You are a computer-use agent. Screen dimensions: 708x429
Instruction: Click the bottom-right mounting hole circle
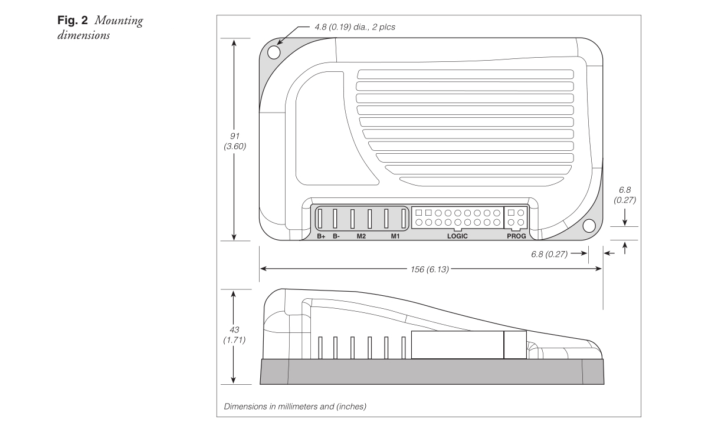coord(589,226)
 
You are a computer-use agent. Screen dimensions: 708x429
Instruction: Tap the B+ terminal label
coord(321,236)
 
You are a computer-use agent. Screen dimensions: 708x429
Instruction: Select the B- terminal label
coord(336,236)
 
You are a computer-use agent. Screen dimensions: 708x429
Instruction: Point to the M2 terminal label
coord(361,236)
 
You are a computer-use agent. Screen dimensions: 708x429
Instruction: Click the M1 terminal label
coord(395,236)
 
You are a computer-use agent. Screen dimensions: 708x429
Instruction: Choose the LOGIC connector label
coord(457,236)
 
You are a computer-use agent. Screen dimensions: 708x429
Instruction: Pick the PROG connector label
coord(516,236)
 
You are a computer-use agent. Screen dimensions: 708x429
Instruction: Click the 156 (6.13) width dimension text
coord(430,269)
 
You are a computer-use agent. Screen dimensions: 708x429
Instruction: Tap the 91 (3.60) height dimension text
coord(235,141)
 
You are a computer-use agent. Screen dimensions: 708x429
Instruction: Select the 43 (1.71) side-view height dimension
coord(234,335)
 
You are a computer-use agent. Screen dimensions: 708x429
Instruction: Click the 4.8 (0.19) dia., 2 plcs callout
coord(355,27)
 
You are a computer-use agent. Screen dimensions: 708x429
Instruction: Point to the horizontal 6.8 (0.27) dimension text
coord(549,254)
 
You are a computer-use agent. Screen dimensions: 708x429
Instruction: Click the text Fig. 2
coord(73,21)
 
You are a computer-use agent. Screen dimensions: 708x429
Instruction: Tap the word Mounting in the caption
coord(119,21)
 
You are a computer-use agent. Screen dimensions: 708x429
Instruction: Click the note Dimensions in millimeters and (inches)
coord(295,406)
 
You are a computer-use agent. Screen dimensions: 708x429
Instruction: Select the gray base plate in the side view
coord(432,372)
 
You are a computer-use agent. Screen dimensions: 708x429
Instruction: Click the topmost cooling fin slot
coord(466,74)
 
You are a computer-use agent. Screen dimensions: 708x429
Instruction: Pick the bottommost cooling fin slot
coord(481,181)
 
